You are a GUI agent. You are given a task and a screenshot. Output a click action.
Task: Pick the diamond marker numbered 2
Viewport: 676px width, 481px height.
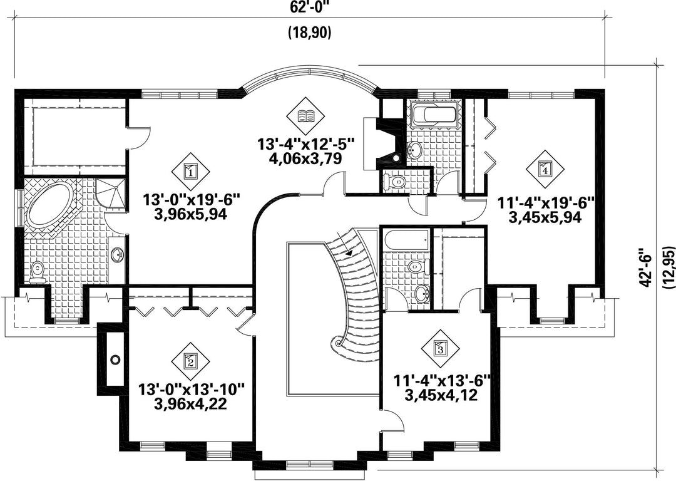pyautogui.click(x=190, y=361)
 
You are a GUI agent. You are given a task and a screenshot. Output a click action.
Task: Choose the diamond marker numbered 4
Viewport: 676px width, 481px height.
pyautogui.click(x=545, y=169)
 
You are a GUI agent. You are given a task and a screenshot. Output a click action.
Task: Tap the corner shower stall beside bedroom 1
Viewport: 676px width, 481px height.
pyautogui.click(x=110, y=197)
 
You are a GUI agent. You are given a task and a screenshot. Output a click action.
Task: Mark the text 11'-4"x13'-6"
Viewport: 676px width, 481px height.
pyautogui.click(x=442, y=381)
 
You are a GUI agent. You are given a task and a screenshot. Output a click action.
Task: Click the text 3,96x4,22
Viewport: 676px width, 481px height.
pyautogui.click(x=190, y=404)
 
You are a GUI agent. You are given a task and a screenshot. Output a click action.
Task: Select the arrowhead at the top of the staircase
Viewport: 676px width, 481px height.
pyautogui.click(x=349, y=252)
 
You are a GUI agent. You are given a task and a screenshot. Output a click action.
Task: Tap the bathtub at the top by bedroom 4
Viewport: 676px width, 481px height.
pyautogui.click(x=434, y=114)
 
